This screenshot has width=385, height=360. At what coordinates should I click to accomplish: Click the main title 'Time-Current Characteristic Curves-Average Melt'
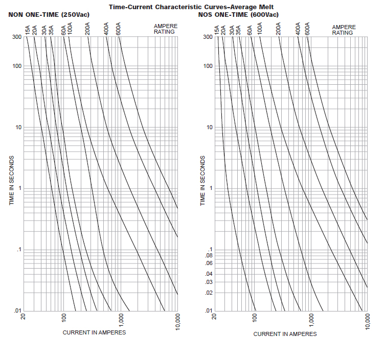191,6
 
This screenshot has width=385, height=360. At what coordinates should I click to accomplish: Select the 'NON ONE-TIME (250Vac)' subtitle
49,14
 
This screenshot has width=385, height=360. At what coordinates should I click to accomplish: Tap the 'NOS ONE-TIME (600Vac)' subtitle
238,14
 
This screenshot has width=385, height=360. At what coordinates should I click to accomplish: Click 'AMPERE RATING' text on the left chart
165,29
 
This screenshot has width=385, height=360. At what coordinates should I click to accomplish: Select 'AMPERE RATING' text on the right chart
344,29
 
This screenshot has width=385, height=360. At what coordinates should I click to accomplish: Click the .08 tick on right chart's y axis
208,255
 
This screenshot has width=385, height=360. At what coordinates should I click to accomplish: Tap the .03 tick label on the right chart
208,282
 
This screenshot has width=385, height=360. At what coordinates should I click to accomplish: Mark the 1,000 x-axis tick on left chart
121,320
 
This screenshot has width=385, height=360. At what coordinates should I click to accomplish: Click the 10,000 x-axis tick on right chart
368,322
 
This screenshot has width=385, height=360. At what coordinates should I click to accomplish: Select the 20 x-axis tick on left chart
24,317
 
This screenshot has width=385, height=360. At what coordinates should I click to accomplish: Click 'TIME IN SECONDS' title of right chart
202,181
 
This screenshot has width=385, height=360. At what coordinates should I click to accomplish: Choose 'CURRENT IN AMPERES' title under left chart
94,332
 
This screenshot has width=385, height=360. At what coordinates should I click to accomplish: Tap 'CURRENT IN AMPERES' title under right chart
285,334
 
